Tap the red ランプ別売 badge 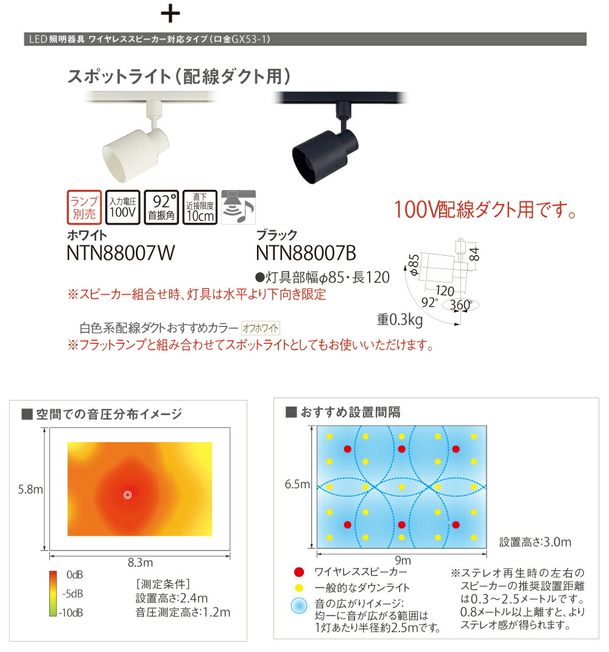(82, 208)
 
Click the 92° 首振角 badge (161, 208)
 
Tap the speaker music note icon (238, 208)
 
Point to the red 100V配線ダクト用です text (485, 211)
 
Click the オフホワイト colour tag (261, 328)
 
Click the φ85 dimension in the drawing (414, 266)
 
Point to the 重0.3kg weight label (400, 318)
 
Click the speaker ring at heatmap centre (127, 494)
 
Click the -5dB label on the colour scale (73, 593)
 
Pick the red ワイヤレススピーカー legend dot (298, 572)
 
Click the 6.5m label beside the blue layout (298, 485)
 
